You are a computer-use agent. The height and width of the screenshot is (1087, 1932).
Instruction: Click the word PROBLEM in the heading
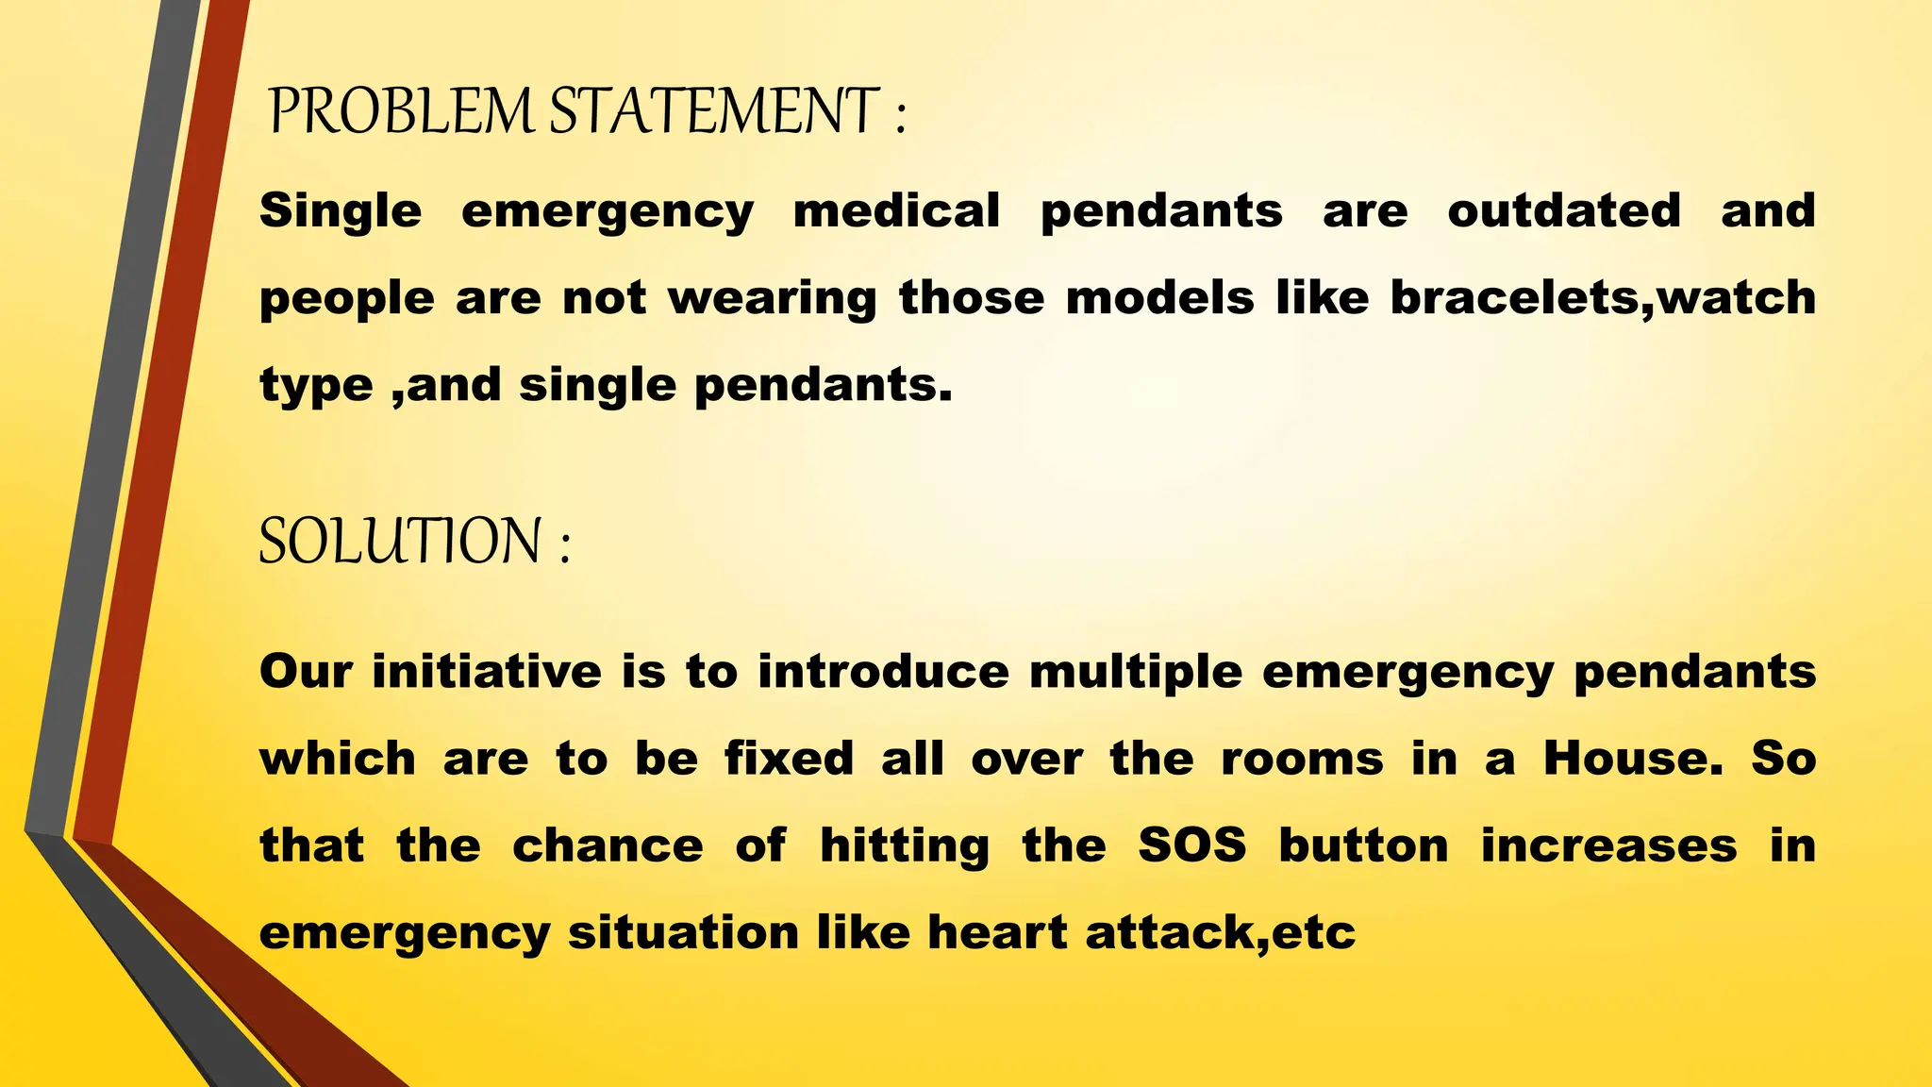tap(401, 111)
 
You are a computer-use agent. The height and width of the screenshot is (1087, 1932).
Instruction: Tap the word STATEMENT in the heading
tap(714, 111)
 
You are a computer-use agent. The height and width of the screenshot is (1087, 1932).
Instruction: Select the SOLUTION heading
tap(401, 542)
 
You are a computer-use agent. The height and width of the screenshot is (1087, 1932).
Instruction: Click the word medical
tap(896, 210)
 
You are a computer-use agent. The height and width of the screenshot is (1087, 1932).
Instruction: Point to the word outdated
tap(1564, 210)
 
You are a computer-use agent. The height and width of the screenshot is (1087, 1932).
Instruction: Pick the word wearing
tap(773, 299)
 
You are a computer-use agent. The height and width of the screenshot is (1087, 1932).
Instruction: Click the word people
tap(347, 299)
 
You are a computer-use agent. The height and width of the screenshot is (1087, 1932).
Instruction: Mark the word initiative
tap(487, 671)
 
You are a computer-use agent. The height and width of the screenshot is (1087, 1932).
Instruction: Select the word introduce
tap(883, 671)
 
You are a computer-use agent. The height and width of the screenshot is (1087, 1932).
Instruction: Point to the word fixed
tap(790, 758)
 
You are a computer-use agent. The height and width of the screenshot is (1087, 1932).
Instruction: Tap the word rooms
tap(1302, 758)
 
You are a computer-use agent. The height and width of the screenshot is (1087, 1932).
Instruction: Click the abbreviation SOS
tap(1192, 845)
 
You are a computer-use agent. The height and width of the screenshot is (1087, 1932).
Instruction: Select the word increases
tap(1608, 845)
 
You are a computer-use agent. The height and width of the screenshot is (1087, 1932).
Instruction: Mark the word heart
tap(997, 932)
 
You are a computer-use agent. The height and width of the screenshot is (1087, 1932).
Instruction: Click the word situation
tap(683, 932)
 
